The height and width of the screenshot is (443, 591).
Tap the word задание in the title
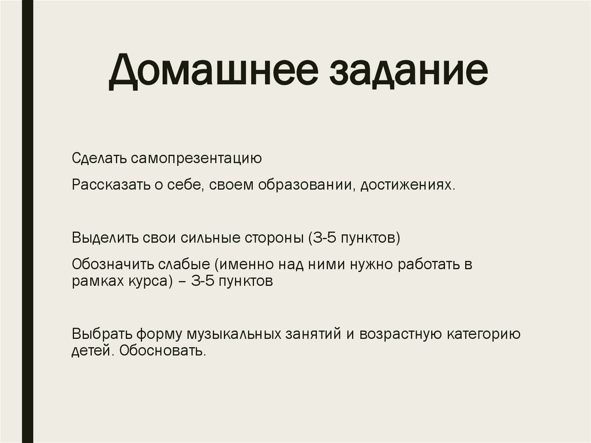[x=409, y=75]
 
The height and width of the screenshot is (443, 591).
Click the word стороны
[x=272, y=238]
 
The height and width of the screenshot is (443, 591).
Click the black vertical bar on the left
[x=27, y=221]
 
